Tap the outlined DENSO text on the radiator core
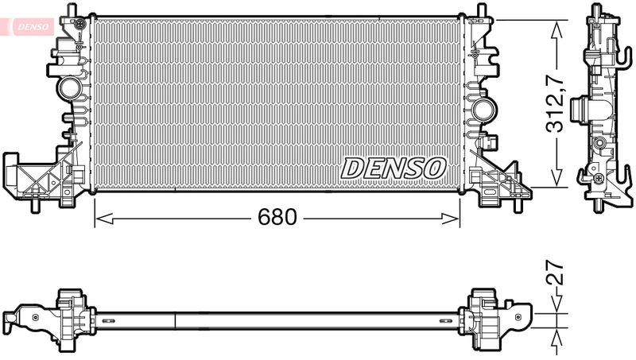[394, 168]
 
